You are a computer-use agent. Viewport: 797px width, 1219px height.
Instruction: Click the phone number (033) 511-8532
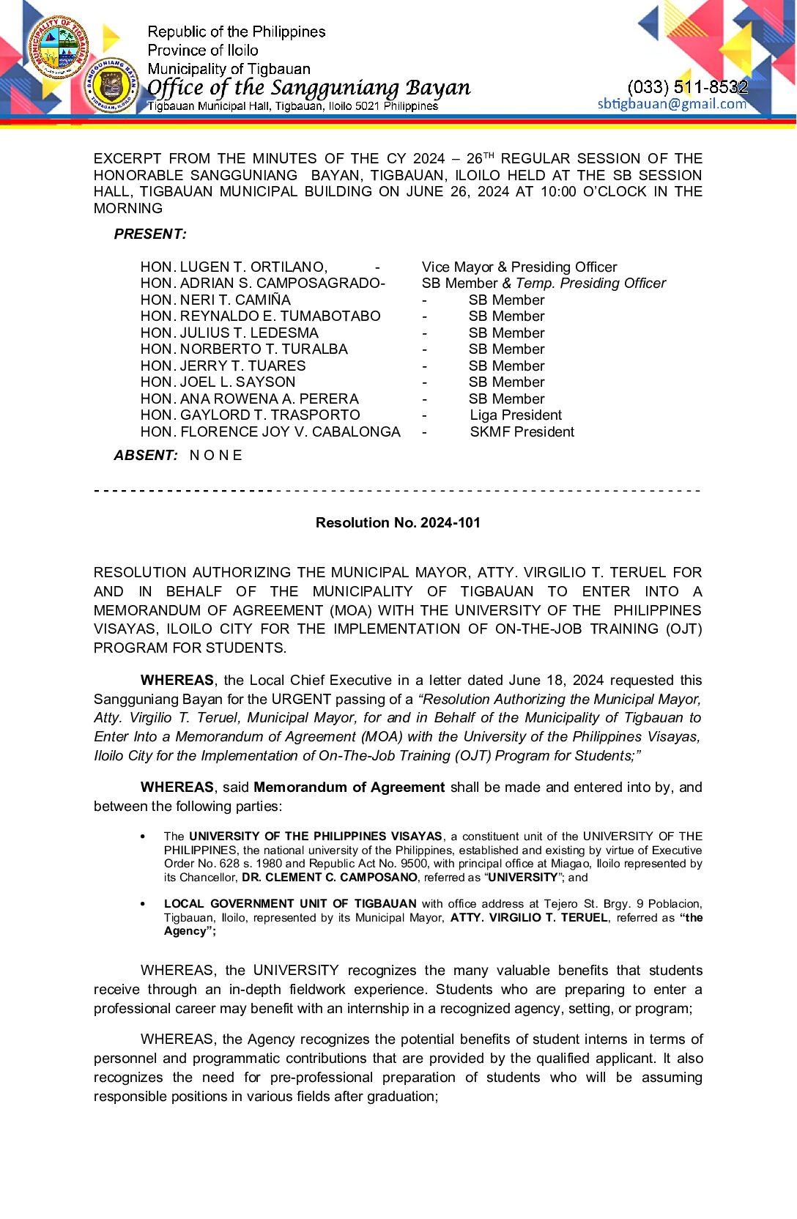(x=687, y=87)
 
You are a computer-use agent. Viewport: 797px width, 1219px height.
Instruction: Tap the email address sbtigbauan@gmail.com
(x=672, y=104)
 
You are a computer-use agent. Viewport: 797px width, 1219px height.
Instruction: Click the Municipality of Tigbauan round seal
(x=59, y=47)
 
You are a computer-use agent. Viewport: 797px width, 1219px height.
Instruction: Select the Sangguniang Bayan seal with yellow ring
(x=111, y=86)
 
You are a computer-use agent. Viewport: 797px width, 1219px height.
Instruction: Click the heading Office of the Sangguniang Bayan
(x=308, y=88)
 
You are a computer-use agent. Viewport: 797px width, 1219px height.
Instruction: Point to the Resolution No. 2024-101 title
(x=398, y=522)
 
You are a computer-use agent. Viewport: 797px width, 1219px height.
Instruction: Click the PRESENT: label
(x=150, y=234)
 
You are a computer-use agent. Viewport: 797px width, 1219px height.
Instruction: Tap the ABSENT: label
(x=146, y=455)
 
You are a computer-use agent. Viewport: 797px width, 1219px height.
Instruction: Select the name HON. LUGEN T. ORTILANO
(x=234, y=267)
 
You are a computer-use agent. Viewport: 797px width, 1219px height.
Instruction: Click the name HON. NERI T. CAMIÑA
(x=215, y=300)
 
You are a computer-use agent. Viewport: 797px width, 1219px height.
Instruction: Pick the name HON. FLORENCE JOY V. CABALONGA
(x=270, y=431)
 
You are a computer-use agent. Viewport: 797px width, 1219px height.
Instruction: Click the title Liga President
(x=516, y=415)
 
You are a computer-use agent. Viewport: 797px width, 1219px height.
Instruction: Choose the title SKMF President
(x=522, y=431)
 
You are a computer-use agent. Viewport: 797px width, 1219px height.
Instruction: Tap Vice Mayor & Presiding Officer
(x=519, y=267)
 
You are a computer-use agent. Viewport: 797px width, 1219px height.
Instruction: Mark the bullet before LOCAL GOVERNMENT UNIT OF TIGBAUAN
(x=143, y=904)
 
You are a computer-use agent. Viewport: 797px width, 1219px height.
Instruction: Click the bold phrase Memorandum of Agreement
(x=349, y=787)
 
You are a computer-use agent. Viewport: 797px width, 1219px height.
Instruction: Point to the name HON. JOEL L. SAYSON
(x=218, y=382)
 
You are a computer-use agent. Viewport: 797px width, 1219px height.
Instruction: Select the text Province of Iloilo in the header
(x=203, y=51)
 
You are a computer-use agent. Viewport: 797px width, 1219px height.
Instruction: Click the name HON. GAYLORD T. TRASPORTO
(x=251, y=415)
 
